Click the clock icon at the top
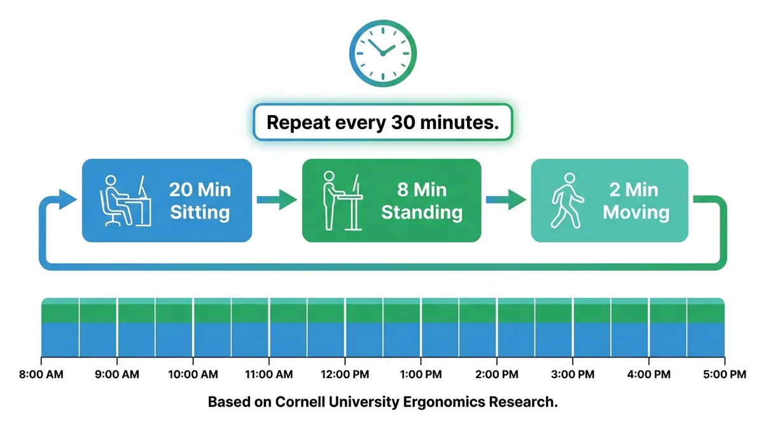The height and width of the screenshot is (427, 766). (382, 53)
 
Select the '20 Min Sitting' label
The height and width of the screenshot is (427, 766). (199, 200)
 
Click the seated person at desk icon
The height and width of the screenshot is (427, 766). (125, 200)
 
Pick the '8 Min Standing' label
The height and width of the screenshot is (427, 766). (421, 200)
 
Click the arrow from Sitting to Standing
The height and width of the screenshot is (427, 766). (277, 200)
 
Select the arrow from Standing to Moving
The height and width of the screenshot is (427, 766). (506, 200)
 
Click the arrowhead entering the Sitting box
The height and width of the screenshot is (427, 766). (69, 198)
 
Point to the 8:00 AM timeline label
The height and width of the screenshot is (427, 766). (41, 375)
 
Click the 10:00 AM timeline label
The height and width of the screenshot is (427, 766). (193, 375)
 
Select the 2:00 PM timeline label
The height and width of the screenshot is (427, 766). (496, 375)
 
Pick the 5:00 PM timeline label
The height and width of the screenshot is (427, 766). (724, 375)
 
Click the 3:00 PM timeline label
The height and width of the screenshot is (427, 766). (572, 375)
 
